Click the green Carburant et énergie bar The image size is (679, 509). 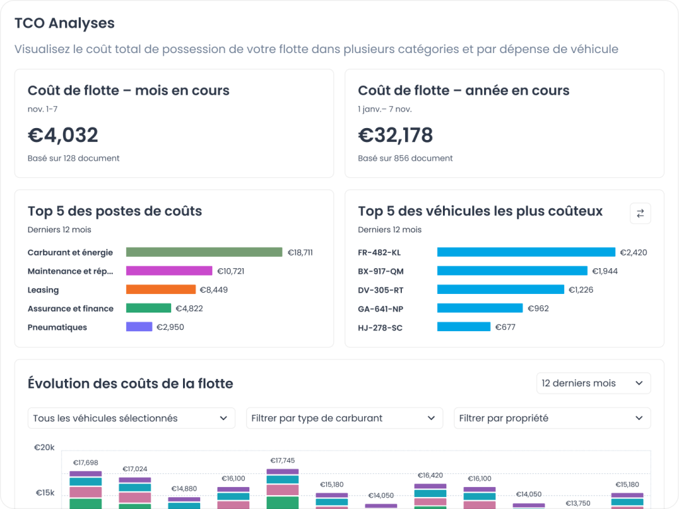pos(204,252)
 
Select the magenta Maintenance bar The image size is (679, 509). pos(169,271)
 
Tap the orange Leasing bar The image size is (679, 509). pos(161,289)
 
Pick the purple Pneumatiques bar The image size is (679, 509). pos(139,327)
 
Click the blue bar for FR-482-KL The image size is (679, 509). pos(526,252)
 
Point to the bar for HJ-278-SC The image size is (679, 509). pos(463,327)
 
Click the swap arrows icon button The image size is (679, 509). pos(640,213)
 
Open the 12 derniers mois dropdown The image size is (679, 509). pos(593,383)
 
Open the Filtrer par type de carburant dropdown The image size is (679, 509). pos(344,418)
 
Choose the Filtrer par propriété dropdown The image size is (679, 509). pos(552,418)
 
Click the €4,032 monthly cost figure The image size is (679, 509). pos(63,135)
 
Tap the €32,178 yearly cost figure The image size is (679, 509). pos(395,135)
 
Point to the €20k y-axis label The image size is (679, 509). pos(44,447)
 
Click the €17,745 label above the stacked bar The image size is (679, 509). pos(282,461)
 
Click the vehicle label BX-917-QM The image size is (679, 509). pos(380,271)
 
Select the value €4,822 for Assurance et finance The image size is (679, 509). pos(189,308)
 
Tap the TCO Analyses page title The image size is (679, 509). pos(64,23)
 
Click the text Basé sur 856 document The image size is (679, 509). pos(405,158)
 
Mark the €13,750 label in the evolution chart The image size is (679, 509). pos(578,503)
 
